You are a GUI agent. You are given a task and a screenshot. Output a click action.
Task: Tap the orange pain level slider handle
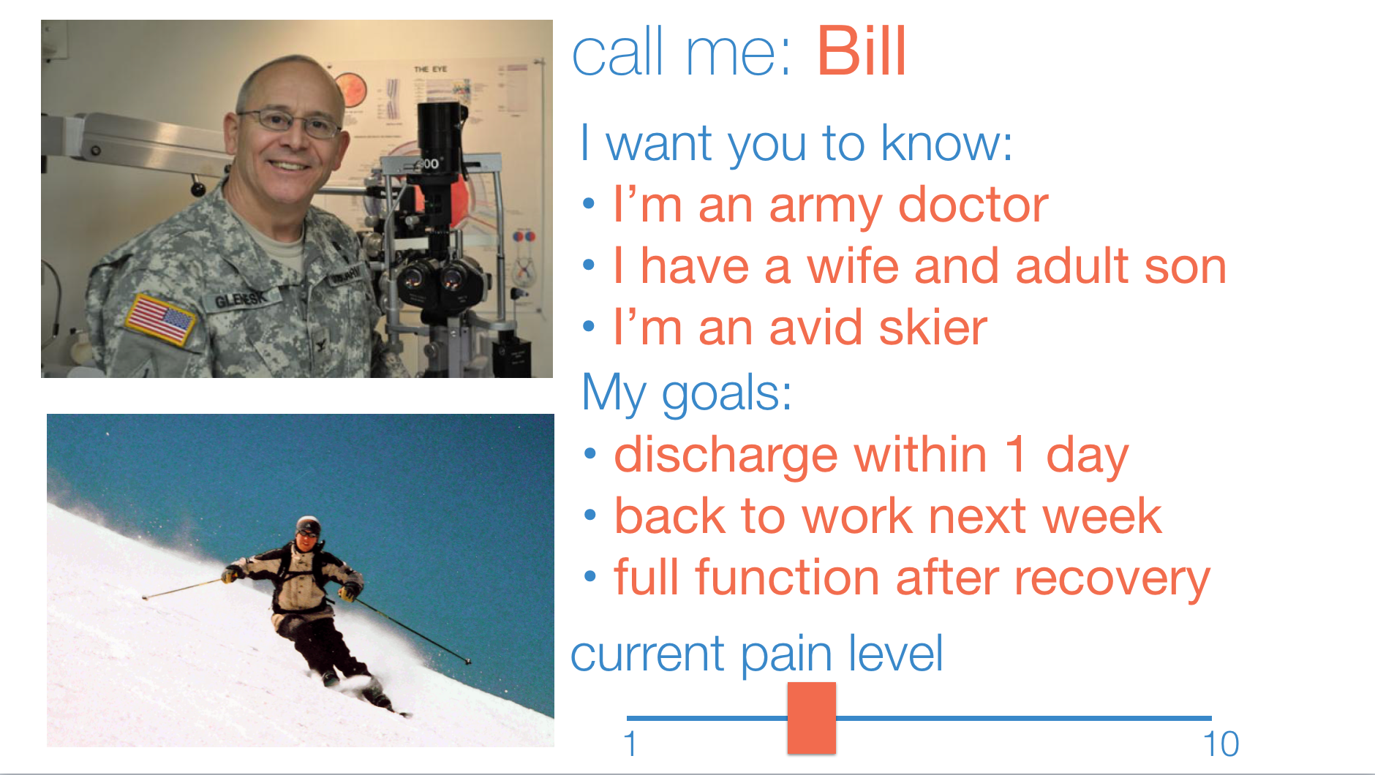[812, 718]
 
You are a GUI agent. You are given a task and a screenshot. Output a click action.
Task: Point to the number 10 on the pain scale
[1221, 744]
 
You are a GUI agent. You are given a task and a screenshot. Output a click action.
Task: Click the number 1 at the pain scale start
[630, 744]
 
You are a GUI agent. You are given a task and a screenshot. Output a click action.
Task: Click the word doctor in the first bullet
[973, 205]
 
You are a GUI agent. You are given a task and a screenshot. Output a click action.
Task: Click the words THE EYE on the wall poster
[430, 69]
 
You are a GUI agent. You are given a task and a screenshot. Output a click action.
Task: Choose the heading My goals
[687, 394]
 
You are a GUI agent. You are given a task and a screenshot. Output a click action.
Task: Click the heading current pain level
[757, 653]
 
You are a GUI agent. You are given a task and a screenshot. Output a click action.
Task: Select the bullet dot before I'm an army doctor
[589, 205]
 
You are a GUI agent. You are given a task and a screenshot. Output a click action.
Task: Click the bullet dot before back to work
[591, 516]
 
